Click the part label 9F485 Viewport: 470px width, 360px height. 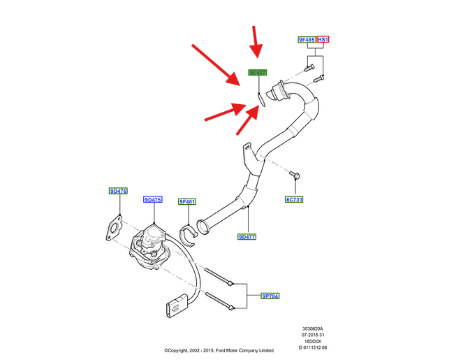click(307, 41)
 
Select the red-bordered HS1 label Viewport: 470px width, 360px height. click(323, 41)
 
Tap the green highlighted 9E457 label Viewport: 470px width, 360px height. click(258, 73)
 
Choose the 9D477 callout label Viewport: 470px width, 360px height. click(247, 237)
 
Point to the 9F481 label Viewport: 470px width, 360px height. click(187, 202)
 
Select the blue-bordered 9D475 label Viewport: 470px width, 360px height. click(153, 200)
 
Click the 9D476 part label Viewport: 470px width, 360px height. click(118, 191)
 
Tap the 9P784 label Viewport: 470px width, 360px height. click(270, 296)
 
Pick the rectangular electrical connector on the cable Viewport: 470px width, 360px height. click(176, 305)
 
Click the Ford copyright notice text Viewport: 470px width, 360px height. click(219, 351)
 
